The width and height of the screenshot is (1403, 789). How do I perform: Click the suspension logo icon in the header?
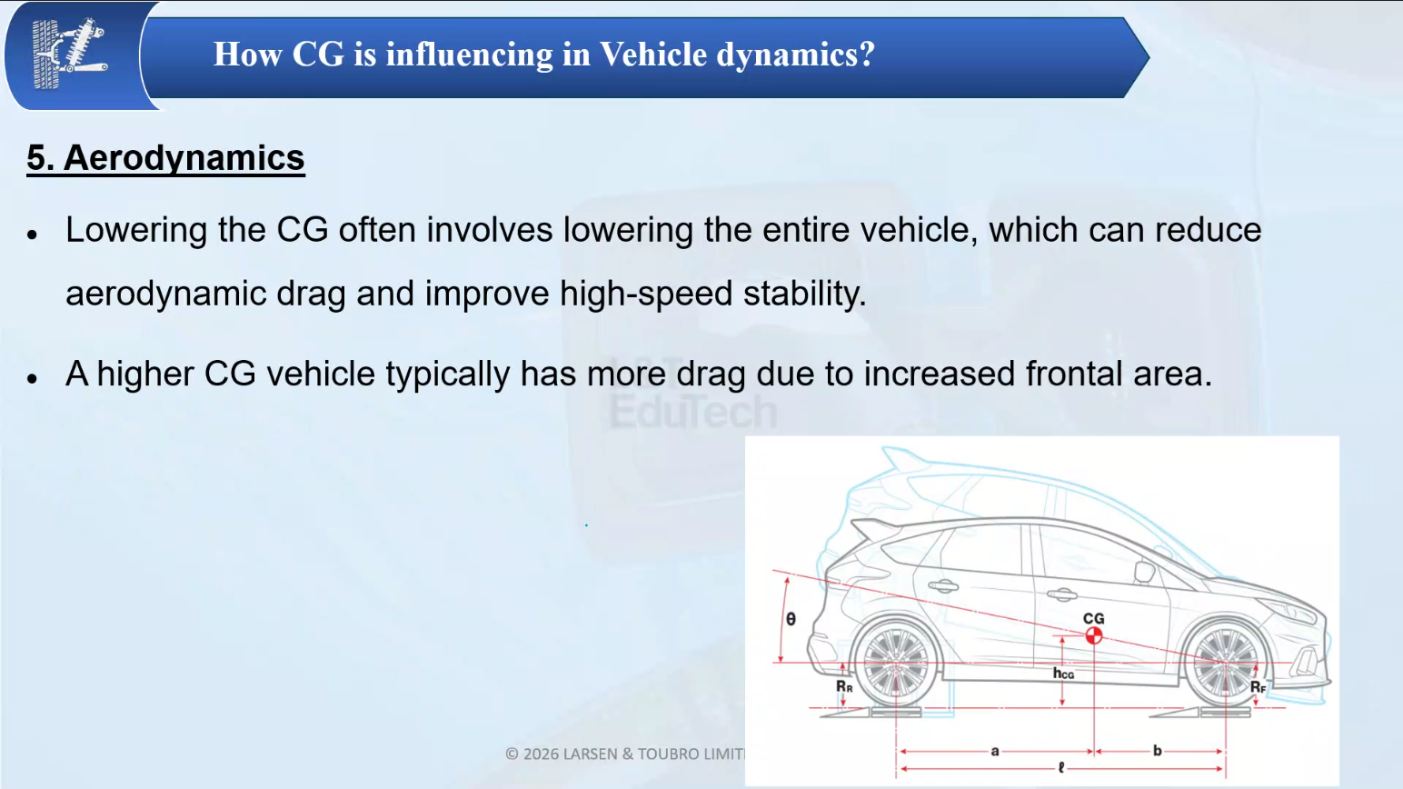pos(70,54)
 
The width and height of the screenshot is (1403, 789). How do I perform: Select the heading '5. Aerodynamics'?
pos(165,157)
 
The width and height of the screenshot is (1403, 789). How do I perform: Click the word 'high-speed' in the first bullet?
pos(646,294)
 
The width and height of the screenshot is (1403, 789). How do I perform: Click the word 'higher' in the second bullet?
pos(144,375)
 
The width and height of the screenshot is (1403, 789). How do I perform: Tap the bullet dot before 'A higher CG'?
pos(32,377)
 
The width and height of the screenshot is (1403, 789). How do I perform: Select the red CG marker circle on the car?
pos(1093,635)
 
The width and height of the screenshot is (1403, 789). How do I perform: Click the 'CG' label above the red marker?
pos(1093,618)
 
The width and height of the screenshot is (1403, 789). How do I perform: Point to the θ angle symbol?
pos(791,619)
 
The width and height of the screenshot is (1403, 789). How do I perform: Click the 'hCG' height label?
pos(1063,674)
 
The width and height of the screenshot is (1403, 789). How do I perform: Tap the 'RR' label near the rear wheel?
pos(844,687)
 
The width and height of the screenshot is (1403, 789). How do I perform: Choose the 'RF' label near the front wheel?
pos(1259,687)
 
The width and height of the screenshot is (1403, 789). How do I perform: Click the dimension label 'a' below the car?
pos(995,751)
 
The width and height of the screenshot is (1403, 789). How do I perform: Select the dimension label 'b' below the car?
pos(1158,750)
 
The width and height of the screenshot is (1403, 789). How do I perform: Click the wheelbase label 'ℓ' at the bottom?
pos(1061,768)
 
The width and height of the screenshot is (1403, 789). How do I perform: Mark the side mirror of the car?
pos(1144,572)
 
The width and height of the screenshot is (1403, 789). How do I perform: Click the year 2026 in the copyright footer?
pos(541,754)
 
